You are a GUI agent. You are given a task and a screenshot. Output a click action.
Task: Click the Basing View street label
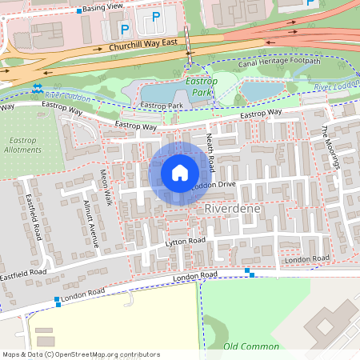tap(105, 6)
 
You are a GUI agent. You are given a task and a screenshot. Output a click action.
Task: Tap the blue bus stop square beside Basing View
tap(79, 11)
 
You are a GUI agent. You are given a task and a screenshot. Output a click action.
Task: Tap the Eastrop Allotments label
tap(22, 144)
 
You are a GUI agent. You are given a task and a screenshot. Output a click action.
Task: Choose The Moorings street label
tap(331, 147)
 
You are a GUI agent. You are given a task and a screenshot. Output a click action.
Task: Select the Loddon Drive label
tap(213, 186)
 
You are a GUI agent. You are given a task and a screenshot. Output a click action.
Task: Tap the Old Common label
tap(251, 346)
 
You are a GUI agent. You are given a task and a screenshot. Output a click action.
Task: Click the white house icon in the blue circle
tap(180, 173)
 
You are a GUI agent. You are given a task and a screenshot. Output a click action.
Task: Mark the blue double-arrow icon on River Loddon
tap(38, 88)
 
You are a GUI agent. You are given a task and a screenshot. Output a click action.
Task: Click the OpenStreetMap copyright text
tap(82, 354)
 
